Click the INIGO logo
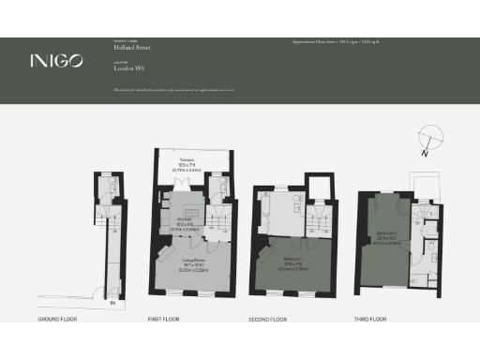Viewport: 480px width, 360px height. click(56, 61)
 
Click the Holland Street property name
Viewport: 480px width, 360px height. click(131, 47)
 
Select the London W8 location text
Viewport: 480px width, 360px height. click(128, 68)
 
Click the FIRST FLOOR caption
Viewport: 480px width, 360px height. click(165, 320)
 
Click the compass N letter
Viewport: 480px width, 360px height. click(426, 150)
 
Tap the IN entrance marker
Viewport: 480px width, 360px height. click(112, 303)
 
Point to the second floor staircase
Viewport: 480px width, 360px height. click(316, 224)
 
